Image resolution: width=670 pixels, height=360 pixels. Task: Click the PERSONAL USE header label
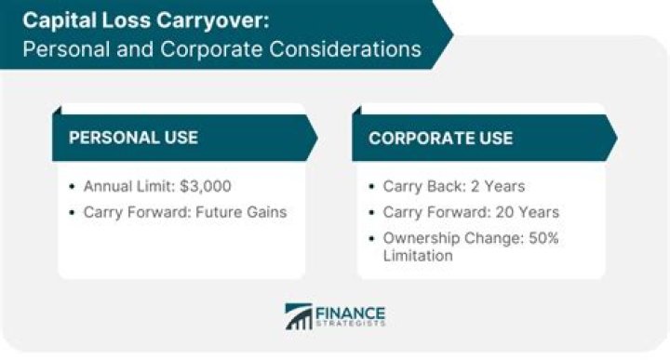click(133, 138)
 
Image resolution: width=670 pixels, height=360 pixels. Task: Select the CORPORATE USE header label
click(440, 138)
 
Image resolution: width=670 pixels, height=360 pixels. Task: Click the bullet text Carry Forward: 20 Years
click(471, 212)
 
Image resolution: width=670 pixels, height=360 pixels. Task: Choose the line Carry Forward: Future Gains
click(185, 212)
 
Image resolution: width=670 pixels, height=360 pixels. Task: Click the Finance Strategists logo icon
click(299, 317)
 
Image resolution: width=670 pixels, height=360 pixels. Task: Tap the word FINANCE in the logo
click(350, 312)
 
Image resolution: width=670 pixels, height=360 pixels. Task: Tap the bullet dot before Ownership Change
click(373, 238)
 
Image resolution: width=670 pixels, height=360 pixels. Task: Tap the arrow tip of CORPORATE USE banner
click(615, 138)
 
